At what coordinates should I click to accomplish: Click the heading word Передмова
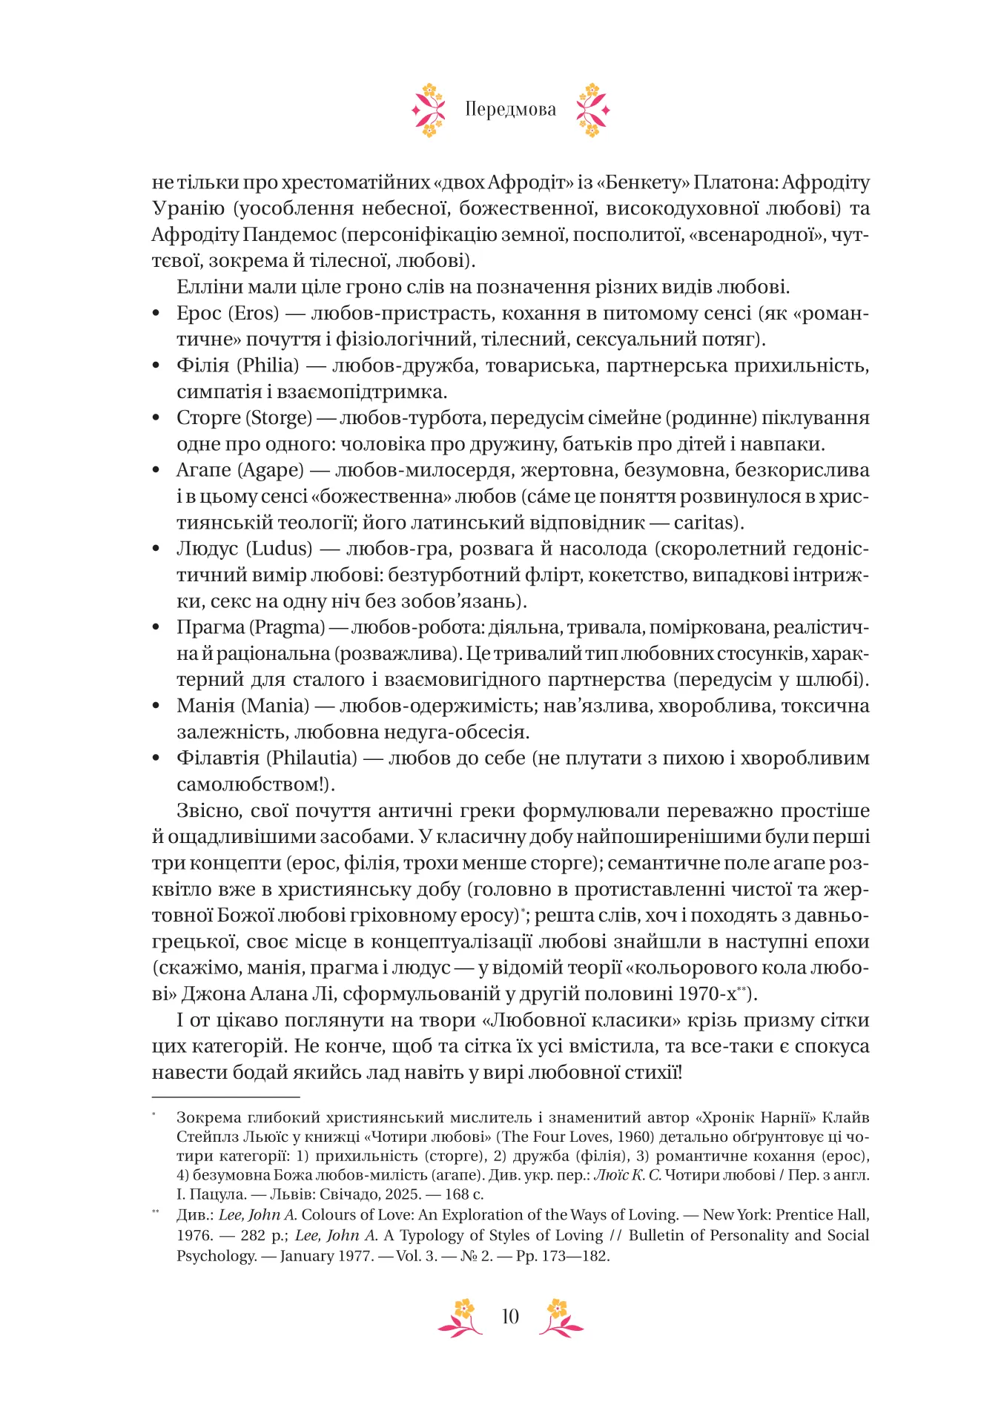point(510,110)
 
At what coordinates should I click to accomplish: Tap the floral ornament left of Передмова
point(429,110)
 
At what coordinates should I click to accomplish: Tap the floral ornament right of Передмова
point(592,110)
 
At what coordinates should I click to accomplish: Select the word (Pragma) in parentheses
point(288,627)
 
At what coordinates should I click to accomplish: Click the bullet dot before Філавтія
point(156,758)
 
